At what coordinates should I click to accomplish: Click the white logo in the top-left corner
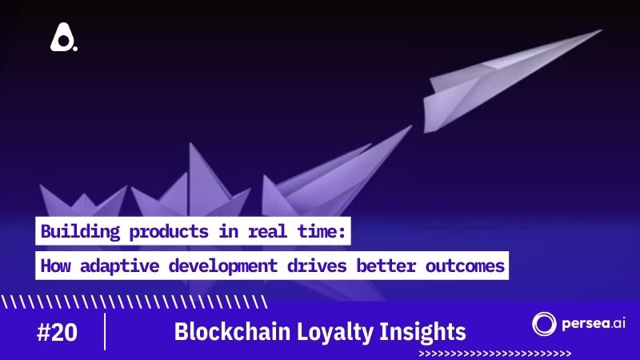point(63,38)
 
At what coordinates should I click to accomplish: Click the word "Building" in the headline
point(76,233)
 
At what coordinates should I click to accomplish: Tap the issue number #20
point(58,332)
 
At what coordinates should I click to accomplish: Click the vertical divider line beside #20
point(105,331)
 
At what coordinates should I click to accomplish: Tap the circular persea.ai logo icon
point(544,324)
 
